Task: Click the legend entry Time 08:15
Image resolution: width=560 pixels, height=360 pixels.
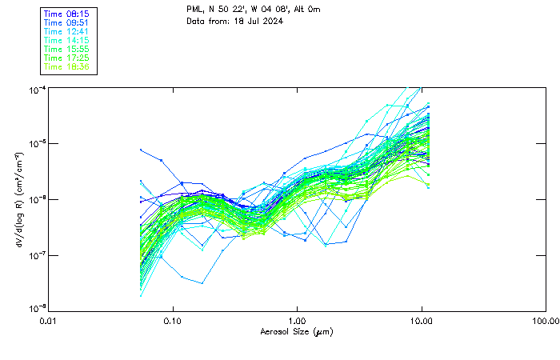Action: click(67, 14)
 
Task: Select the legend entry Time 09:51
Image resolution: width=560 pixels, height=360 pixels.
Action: click(67, 22)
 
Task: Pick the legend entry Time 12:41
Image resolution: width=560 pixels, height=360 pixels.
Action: click(67, 31)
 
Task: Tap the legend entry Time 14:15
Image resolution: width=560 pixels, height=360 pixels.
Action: click(67, 40)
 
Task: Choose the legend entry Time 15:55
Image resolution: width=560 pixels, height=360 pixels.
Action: click(67, 49)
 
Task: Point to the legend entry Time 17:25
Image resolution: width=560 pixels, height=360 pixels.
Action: click(67, 58)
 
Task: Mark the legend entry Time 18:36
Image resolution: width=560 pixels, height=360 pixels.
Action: click(67, 66)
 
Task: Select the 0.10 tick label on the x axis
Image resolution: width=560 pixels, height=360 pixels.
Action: click(173, 321)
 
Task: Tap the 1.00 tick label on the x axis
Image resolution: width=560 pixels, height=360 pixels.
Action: click(298, 321)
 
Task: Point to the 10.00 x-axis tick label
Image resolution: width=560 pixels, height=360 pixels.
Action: click(422, 321)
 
